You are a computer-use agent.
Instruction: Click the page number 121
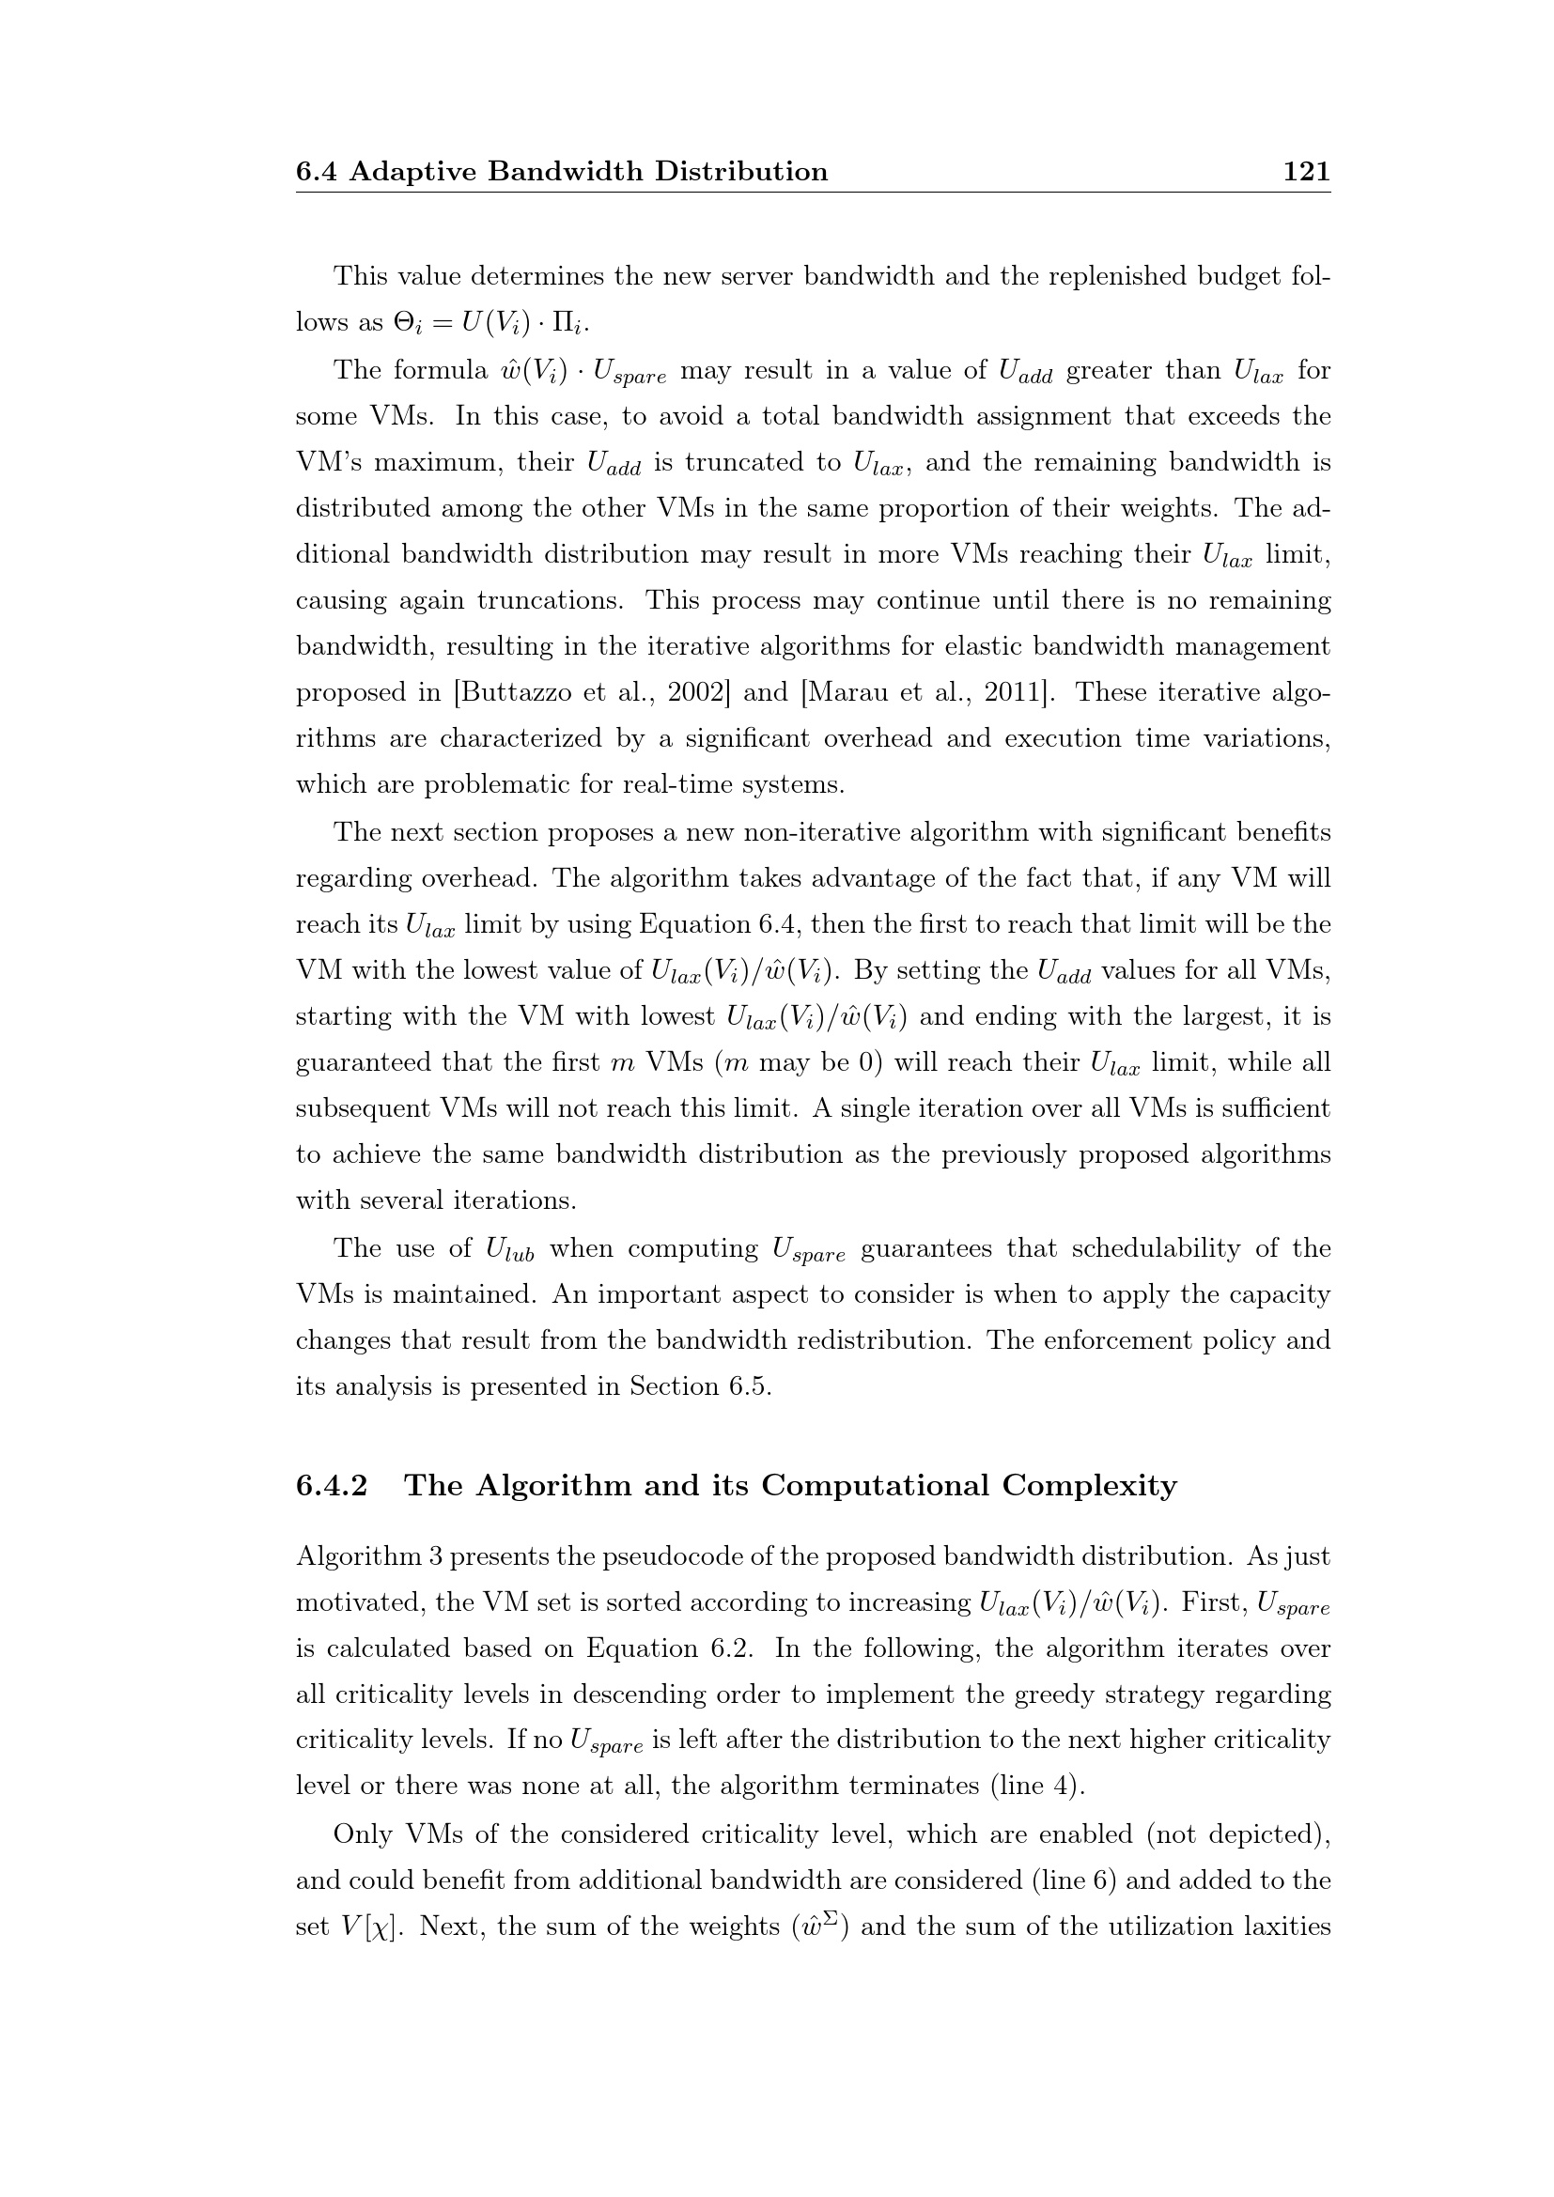1305,171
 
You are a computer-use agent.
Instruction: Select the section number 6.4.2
332,1486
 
